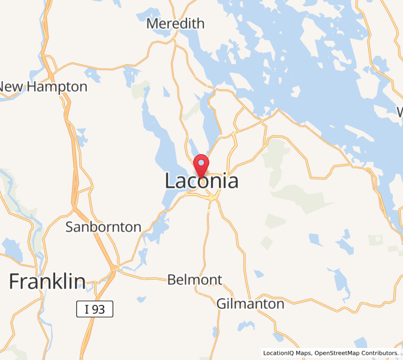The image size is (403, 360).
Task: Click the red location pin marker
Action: point(201,164)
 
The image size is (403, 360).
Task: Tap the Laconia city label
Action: point(201,181)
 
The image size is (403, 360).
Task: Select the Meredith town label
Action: point(176,23)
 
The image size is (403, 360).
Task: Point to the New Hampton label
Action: point(43,86)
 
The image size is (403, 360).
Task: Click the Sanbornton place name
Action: point(103,227)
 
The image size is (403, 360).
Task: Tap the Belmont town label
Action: point(194,280)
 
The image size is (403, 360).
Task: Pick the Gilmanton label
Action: point(251,304)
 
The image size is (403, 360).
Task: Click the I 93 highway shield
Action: point(95,310)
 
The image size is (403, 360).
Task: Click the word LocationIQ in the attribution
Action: point(281,353)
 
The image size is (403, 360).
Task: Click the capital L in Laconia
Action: point(170,181)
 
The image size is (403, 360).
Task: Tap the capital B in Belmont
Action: point(172,280)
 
